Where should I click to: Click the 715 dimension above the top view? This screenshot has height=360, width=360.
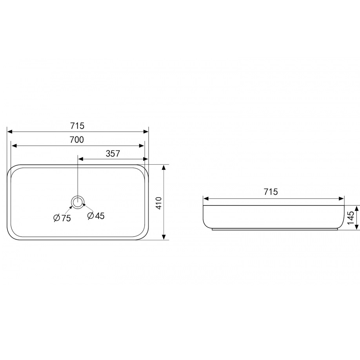(x=77, y=126)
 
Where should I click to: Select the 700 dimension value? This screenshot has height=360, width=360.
(x=77, y=140)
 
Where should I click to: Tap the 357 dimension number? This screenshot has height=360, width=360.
(x=113, y=153)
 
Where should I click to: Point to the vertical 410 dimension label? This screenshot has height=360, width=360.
(x=159, y=203)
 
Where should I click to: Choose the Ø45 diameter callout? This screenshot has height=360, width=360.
(x=96, y=216)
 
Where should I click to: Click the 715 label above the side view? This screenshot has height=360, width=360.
(x=271, y=191)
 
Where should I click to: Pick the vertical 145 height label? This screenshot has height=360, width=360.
(x=351, y=218)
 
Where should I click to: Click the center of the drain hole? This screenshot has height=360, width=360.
(x=78, y=202)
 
